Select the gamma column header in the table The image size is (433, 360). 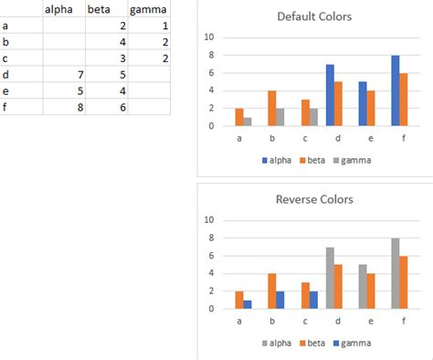click(x=147, y=10)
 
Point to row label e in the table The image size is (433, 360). click(x=7, y=89)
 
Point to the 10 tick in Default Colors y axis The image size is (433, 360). click(x=209, y=37)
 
